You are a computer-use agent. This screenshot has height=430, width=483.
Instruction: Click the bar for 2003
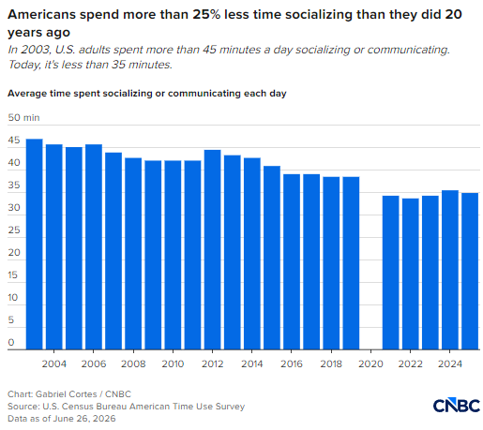tap(35, 244)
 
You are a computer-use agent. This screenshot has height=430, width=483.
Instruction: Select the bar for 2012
tap(213, 249)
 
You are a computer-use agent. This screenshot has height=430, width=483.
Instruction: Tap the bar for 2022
tap(411, 274)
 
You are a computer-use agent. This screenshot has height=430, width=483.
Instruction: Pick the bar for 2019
tap(351, 263)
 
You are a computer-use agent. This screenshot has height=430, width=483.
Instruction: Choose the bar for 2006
tap(94, 246)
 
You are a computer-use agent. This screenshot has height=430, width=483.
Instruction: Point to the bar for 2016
tap(292, 261)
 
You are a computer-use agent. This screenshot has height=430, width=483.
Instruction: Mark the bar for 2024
tap(450, 270)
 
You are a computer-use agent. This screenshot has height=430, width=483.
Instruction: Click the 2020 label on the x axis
tap(370, 363)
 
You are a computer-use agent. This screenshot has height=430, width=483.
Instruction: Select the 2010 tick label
tap(173, 363)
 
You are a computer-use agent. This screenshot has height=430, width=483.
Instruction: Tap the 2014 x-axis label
tap(252, 363)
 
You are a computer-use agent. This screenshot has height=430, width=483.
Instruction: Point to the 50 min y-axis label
tap(23, 118)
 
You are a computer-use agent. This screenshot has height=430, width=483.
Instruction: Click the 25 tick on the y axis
tap(14, 230)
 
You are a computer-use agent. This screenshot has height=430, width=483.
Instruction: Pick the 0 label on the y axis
tap(11, 343)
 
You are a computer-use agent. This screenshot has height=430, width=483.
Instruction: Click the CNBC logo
tap(457, 405)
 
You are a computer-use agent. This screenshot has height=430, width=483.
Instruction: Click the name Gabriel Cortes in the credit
tap(67, 394)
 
